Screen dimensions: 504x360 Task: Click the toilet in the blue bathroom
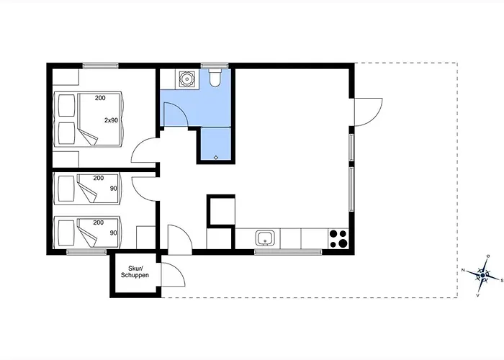215,78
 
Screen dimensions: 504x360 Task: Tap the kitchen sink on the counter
265,238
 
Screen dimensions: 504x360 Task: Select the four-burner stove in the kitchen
338,238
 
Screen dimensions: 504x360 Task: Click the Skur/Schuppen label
135,272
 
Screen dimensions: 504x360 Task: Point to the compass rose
483,276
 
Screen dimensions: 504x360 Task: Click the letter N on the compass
463,270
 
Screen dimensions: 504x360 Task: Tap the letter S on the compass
502,280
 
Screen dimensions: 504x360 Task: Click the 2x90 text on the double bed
111,120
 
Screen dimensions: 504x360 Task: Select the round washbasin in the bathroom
186,78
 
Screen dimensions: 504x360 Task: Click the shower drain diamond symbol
216,157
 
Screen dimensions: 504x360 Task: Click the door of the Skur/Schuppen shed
173,274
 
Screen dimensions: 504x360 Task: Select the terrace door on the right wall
369,112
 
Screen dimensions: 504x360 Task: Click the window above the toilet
215,66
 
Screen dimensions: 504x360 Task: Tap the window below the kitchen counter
288,252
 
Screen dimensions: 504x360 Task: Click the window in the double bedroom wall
100,66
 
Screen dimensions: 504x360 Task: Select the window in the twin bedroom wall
86,252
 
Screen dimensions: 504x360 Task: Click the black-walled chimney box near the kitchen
221,211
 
